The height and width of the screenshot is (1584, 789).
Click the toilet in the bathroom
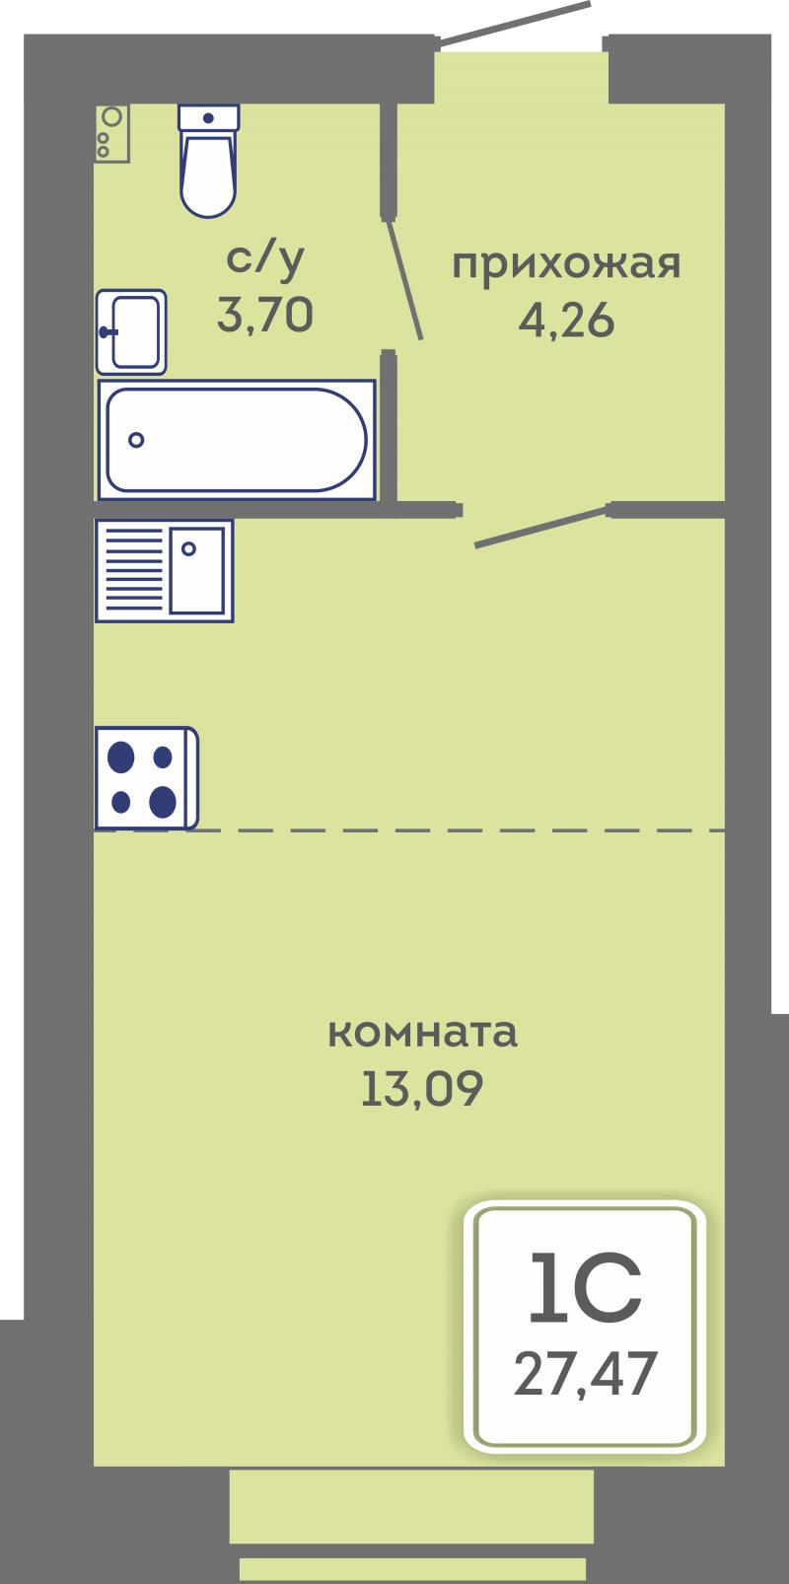(x=208, y=161)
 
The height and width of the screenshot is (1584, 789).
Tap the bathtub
(x=236, y=440)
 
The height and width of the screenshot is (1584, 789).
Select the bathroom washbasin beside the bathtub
(x=131, y=331)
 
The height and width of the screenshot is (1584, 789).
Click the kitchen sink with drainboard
(x=164, y=571)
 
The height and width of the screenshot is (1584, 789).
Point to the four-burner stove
(x=147, y=778)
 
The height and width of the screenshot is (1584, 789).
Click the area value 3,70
(x=265, y=315)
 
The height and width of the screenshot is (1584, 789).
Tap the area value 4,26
(x=566, y=322)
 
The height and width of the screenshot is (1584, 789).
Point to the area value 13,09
(x=422, y=1088)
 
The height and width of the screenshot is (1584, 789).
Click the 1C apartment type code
(x=586, y=1287)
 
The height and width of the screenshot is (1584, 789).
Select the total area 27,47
(x=586, y=1373)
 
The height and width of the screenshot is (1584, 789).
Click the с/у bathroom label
(x=265, y=260)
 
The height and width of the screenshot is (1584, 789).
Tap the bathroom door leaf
(x=405, y=279)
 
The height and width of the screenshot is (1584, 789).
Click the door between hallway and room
(x=541, y=527)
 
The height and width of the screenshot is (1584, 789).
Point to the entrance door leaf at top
(x=514, y=25)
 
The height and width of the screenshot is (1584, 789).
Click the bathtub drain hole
(x=136, y=440)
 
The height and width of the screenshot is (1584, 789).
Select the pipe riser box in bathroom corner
(x=111, y=134)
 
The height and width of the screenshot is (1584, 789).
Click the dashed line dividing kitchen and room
(x=410, y=830)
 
